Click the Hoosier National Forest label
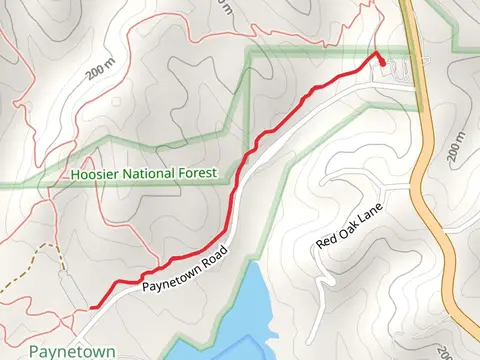tap(144, 174)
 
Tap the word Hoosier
tap(96, 174)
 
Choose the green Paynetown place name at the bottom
tap(72, 352)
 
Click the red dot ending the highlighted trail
tap(382, 61)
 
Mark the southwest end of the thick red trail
tap(92, 306)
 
